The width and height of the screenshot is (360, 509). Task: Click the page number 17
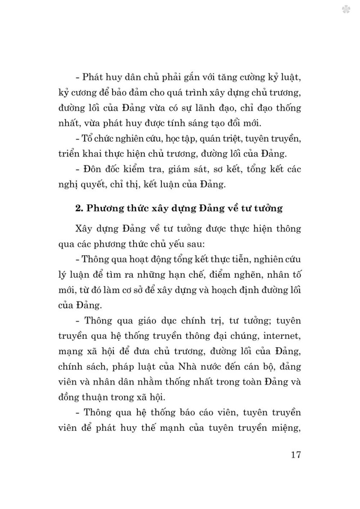[296, 455]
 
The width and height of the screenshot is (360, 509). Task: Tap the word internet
[281, 336]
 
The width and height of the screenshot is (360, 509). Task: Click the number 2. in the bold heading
[79, 208]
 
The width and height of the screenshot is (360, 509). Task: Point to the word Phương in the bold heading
[105, 209]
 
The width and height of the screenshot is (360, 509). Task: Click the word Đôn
[93, 169]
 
